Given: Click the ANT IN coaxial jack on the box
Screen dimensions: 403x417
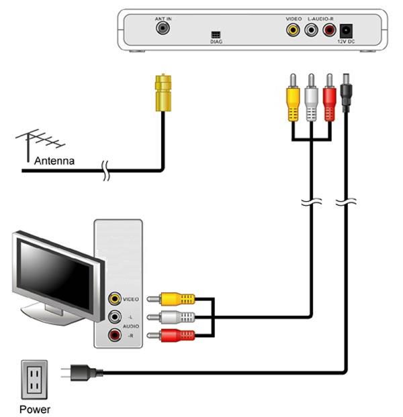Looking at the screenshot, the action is coord(163,28).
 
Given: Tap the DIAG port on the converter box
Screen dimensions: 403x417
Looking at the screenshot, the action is coord(216,35).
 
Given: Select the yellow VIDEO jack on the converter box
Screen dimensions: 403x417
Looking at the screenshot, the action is coord(293,29).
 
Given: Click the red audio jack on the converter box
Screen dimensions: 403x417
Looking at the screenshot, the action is coord(329,29).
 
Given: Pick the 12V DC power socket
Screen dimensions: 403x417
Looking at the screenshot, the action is coord(346,31).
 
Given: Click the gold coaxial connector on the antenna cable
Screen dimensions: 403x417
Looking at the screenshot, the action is coord(163,93).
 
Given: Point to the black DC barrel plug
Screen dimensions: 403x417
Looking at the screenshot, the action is coord(346,93).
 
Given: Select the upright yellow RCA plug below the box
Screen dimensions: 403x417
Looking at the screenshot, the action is coord(293,98).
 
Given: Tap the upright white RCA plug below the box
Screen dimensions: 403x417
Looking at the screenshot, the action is coord(311,98).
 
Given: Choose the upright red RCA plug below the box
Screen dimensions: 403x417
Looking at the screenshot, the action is coord(329,98).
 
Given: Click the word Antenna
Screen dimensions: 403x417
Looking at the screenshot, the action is coord(54,161).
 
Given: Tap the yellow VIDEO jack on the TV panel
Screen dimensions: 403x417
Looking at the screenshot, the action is coord(115,298).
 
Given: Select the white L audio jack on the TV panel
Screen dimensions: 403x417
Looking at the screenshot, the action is coord(115,316).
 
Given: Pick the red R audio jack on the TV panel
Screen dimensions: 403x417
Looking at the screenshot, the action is coord(115,335).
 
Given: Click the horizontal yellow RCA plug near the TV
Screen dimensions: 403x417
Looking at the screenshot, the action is coord(171,299).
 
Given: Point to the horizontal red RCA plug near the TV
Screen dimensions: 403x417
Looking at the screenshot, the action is coord(171,335).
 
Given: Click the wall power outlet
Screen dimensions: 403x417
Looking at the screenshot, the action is coord(34,379).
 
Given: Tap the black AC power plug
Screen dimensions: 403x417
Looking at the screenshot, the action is coord(82,372).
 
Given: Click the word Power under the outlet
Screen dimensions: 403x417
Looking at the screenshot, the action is coord(35,409).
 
